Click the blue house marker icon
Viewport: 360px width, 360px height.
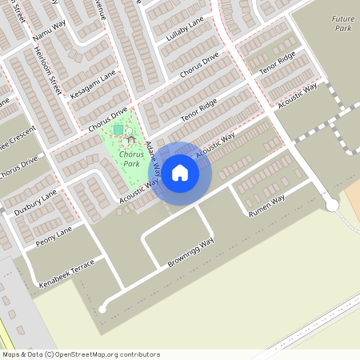[x=180, y=172]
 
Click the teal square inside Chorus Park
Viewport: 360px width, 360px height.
[x=118, y=129]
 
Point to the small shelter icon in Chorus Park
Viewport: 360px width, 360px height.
[x=130, y=140]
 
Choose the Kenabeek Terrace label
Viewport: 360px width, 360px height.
[x=66, y=274]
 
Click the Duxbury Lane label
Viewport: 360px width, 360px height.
[x=35, y=203]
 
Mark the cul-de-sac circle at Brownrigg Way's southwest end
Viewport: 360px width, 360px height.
[x=102, y=309]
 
